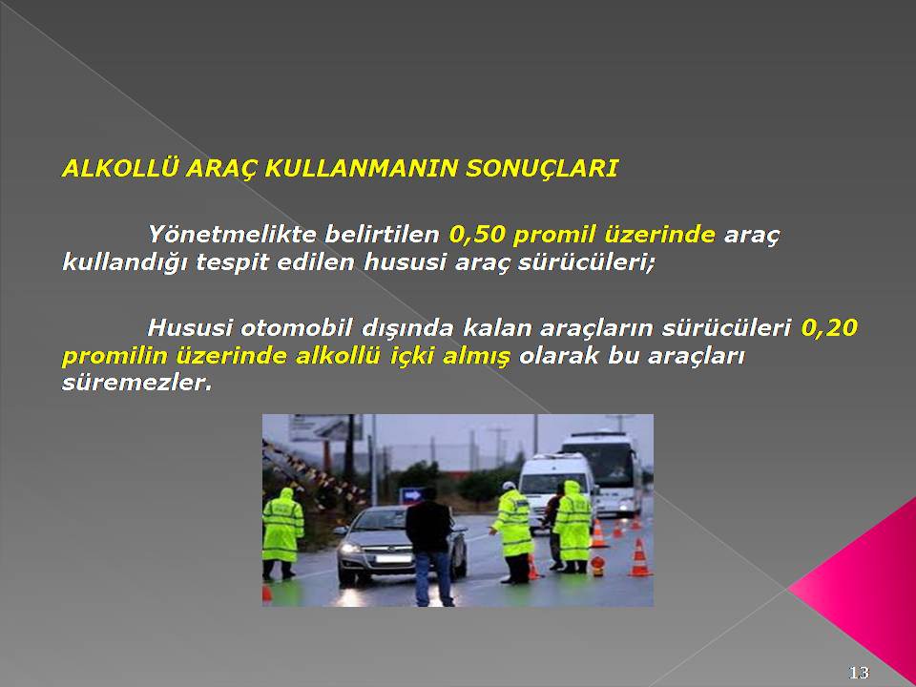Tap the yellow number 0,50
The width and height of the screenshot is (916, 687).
coord(477,235)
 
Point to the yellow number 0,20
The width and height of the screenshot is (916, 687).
coord(829,327)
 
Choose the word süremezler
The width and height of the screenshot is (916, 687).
coord(136,384)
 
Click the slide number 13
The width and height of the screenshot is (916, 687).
coord(859,673)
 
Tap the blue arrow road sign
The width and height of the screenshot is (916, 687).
coord(411,495)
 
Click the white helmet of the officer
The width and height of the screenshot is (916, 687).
coord(510,486)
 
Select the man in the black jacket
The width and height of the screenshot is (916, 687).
coord(430,546)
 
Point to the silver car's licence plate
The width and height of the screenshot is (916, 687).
coord(393,559)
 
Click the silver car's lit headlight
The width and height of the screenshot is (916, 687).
coord(350,549)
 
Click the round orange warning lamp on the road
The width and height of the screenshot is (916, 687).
coord(597,564)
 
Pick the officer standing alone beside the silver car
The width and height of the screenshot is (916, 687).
coord(282,533)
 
